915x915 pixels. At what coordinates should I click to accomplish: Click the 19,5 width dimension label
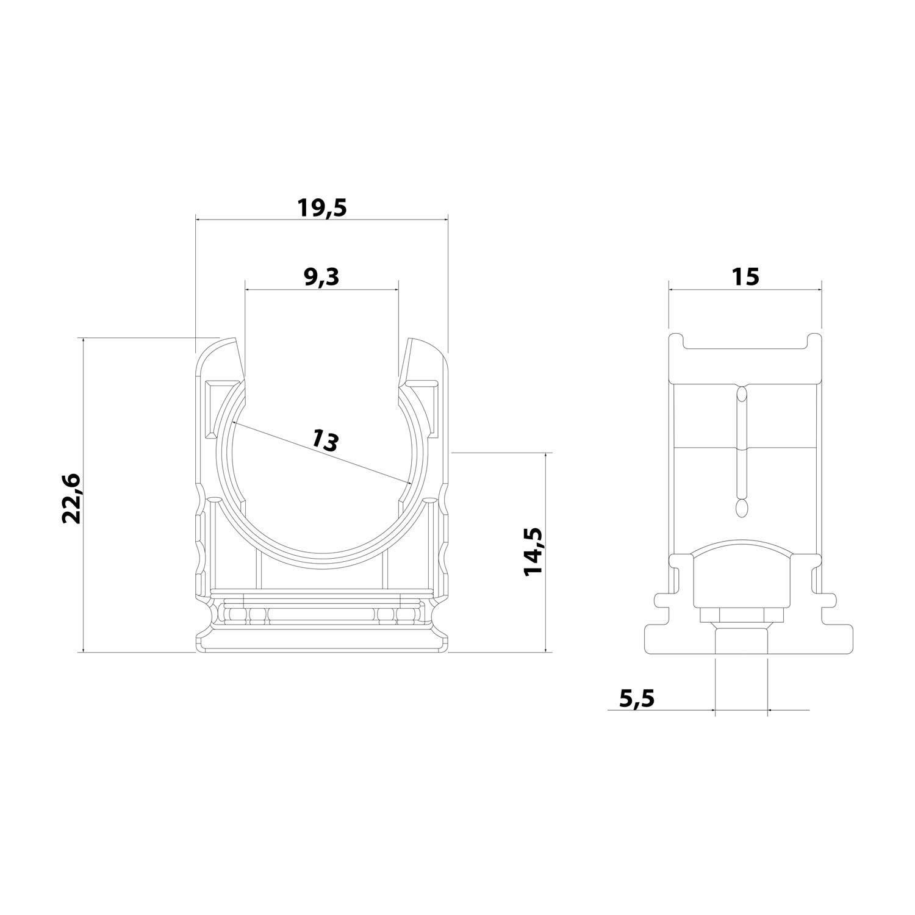click(321, 208)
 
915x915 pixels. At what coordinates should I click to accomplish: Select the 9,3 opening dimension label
click(321, 277)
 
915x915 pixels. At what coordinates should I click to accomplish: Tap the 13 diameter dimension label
click(325, 440)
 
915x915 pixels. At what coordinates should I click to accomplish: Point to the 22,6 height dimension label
click(72, 498)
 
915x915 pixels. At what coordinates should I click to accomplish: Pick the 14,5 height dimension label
click(533, 550)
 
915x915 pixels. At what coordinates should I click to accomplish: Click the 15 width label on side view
click(745, 276)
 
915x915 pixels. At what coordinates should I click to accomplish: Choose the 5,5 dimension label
click(636, 697)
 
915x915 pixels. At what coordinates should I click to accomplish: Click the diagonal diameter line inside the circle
click(321, 452)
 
